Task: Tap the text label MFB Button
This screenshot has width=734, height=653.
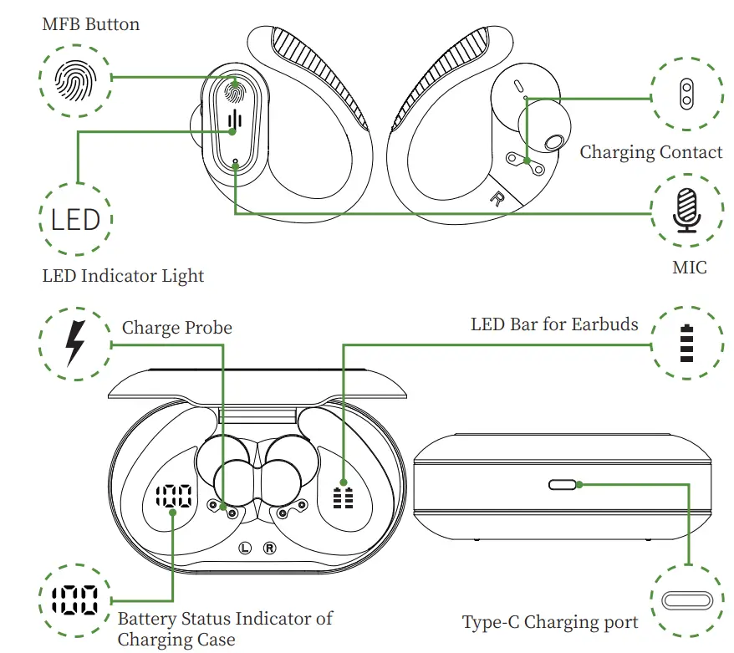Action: [91, 23]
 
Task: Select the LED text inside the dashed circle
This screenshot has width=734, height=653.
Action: [75, 221]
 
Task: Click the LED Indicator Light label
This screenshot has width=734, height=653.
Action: [123, 275]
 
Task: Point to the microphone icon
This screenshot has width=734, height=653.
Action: [686, 210]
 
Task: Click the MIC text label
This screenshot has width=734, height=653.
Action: [689, 268]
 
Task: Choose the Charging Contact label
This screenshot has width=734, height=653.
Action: [650, 152]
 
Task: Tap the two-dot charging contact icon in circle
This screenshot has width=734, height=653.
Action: [686, 94]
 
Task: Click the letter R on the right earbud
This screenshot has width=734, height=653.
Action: [497, 199]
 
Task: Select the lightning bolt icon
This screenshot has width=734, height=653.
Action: [75, 343]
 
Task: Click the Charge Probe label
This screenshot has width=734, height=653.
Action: [177, 327]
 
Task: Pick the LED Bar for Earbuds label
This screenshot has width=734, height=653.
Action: [554, 324]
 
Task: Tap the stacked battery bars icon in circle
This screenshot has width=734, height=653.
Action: [687, 344]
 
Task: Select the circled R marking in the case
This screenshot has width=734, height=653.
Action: [270, 548]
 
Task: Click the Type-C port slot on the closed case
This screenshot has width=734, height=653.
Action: [563, 484]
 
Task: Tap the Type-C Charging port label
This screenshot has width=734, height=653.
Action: [550, 622]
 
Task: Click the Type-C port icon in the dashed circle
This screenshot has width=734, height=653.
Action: [686, 600]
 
